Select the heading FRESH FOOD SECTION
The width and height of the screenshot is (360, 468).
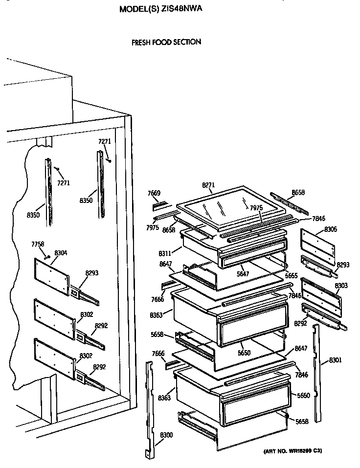pyautogui.click(x=166, y=42)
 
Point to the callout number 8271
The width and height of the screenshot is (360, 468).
pyautogui.click(x=208, y=185)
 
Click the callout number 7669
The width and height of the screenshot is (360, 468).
pyautogui.click(x=154, y=193)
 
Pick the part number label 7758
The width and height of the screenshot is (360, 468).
pyautogui.click(x=38, y=244)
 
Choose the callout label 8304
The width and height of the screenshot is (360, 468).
pyautogui.click(x=61, y=252)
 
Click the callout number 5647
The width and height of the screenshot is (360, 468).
pyautogui.click(x=243, y=273)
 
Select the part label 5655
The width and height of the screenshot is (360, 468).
pyautogui.click(x=292, y=276)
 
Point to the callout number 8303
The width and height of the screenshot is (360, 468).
pyautogui.click(x=341, y=285)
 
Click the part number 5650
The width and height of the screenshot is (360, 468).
pyautogui.click(x=244, y=352)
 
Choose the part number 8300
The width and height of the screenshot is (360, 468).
pyautogui.click(x=166, y=435)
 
